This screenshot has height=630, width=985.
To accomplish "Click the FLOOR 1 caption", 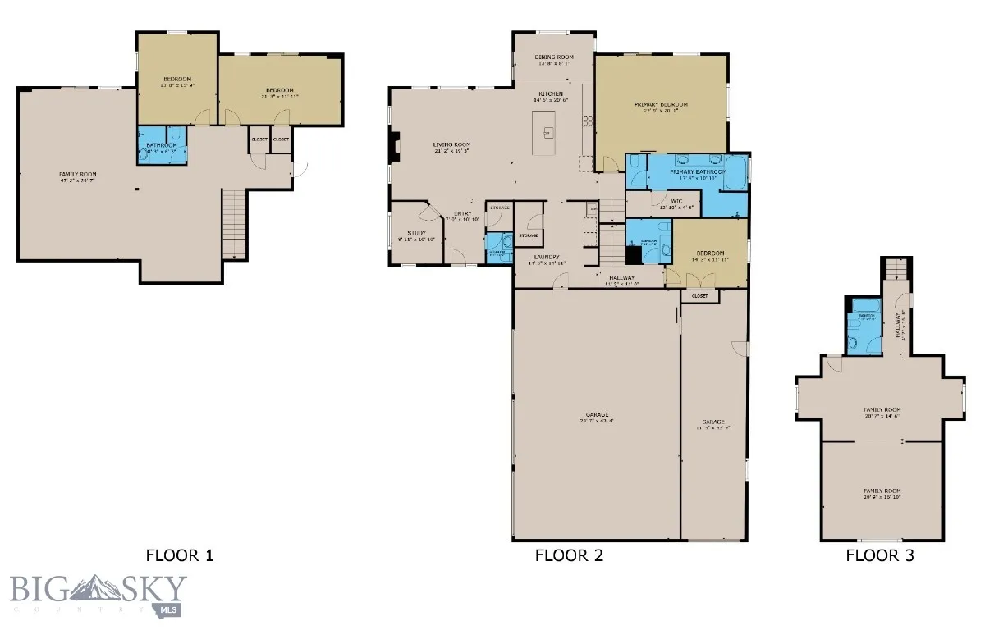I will click(x=180, y=555).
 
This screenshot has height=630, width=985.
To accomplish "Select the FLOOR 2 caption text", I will click(x=569, y=555).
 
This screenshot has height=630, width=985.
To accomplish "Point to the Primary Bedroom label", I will click(x=660, y=105).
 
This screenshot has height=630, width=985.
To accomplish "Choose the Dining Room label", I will click(x=555, y=57).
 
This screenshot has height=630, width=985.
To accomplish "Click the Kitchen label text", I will click(x=551, y=94).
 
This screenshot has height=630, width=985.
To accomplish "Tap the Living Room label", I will click(x=451, y=145).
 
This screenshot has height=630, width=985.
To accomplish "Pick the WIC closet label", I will click(x=677, y=201).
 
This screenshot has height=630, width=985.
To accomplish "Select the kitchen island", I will click(x=544, y=133).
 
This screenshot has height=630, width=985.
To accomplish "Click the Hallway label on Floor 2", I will click(x=621, y=278).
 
